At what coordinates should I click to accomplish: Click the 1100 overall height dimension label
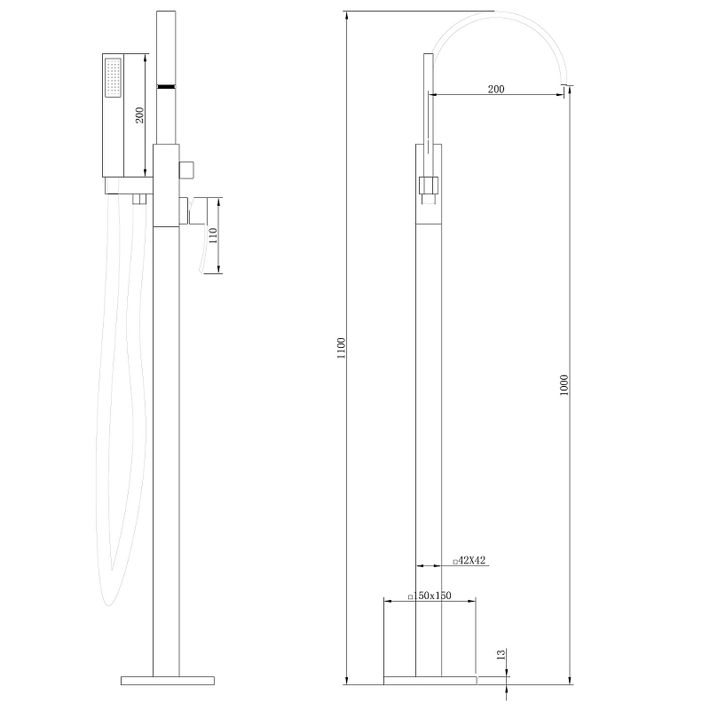[x=342, y=348]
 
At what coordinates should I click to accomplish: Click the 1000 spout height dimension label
[x=564, y=385]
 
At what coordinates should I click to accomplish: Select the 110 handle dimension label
[x=213, y=235]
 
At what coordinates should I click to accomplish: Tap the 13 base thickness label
[x=501, y=654]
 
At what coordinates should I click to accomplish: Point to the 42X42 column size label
[x=469, y=561]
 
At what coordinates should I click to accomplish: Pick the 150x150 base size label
[x=430, y=596]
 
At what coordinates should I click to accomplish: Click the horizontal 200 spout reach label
[x=496, y=90]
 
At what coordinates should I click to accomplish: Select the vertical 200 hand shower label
[x=139, y=115]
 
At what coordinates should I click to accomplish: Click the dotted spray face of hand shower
[x=114, y=77]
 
